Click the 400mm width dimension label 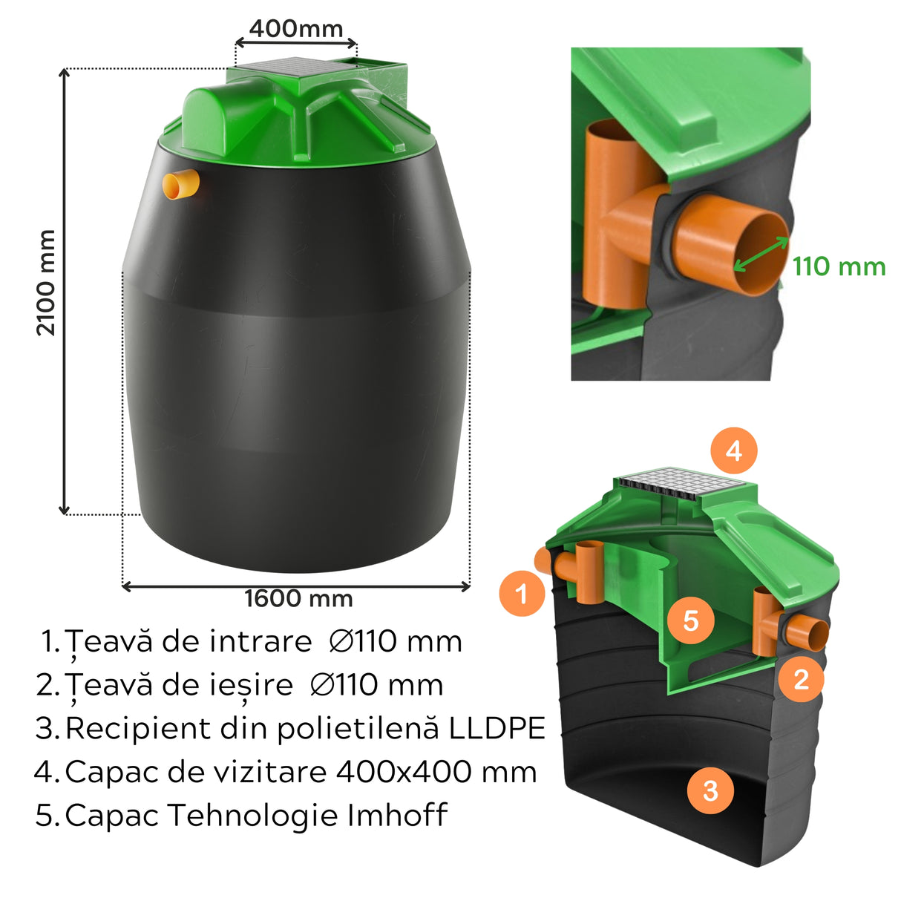(296, 29)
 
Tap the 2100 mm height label (46, 283)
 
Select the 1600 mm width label (298, 598)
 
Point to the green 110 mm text (839, 266)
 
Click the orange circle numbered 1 (522, 594)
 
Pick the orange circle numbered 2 (801, 678)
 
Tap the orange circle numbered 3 (710, 790)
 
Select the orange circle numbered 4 (733, 450)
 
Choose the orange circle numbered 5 (690, 620)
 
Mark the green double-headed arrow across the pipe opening (761, 255)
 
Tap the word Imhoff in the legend (397, 815)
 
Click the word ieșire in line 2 (252, 685)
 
